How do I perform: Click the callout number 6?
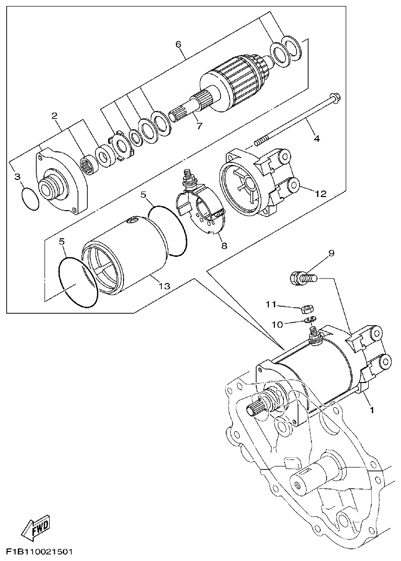pyautogui.click(x=178, y=44)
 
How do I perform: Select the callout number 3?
pyautogui.click(x=17, y=176)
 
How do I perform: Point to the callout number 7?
pyautogui.click(x=199, y=126)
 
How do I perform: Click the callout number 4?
pyautogui.click(x=317, y=138)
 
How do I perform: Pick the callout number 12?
pyautogui.click(x=321, y=193)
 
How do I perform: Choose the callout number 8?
pyautogui.click(x=224, y=246)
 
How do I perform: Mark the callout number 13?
pyautogui.click(x=164, y=286)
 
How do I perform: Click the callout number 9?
pyautogui.click(x=331, y=254)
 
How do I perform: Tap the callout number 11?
pyautogui.click(x=271, y=304)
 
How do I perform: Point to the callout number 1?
pyautogui.click(x=372, y=410)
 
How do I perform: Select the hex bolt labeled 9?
pyautogui.click(x=300, y=277)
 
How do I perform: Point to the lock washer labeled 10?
pyautogui.click(x=309, y=320)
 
